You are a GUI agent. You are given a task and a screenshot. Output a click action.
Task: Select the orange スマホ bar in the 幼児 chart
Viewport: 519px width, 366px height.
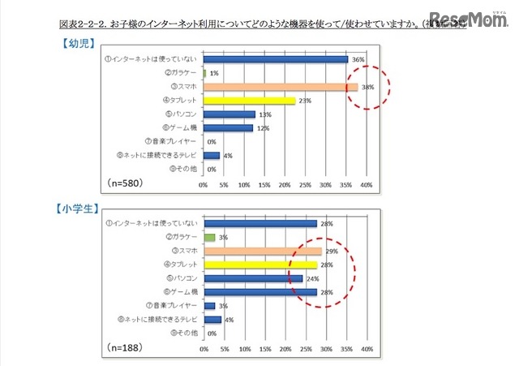(x=280, y=87)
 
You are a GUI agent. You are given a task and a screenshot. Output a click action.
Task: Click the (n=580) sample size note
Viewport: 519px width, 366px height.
(x=125, y=183)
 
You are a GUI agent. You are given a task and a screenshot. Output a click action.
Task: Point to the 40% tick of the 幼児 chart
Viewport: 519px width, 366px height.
(x=366, y=184)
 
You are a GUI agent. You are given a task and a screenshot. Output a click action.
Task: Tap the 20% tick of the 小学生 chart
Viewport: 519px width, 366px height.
(x=285, y=349)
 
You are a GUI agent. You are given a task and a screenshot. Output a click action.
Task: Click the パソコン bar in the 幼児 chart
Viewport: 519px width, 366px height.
(x=229, y=114)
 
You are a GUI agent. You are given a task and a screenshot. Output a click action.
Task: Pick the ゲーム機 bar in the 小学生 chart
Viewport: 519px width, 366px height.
(x=260, y=292)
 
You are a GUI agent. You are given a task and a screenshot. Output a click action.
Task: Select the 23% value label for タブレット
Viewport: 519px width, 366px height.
(x=305, y=101)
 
